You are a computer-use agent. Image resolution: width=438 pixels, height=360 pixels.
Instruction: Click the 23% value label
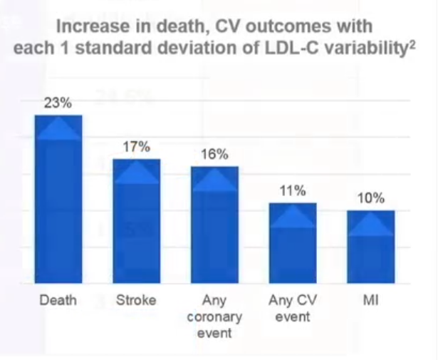[x=58, y=103]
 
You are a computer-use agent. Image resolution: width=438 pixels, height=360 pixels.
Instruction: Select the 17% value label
[x=136, y=147]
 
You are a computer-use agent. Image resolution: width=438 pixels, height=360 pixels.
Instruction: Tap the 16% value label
[x=214, y=154]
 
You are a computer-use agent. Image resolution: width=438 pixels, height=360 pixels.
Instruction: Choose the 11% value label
[x=292, y=190]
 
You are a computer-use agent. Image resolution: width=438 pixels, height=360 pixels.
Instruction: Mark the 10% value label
[x=370, y=198]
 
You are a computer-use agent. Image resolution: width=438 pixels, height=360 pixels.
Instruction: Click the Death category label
[x=58, y=300]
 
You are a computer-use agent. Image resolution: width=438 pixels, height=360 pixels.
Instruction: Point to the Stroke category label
[x=136, y=300]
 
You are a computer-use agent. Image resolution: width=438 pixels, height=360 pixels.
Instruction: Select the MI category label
[x=370, y=300]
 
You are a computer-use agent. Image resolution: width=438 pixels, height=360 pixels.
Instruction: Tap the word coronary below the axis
[x=214, y=317]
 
